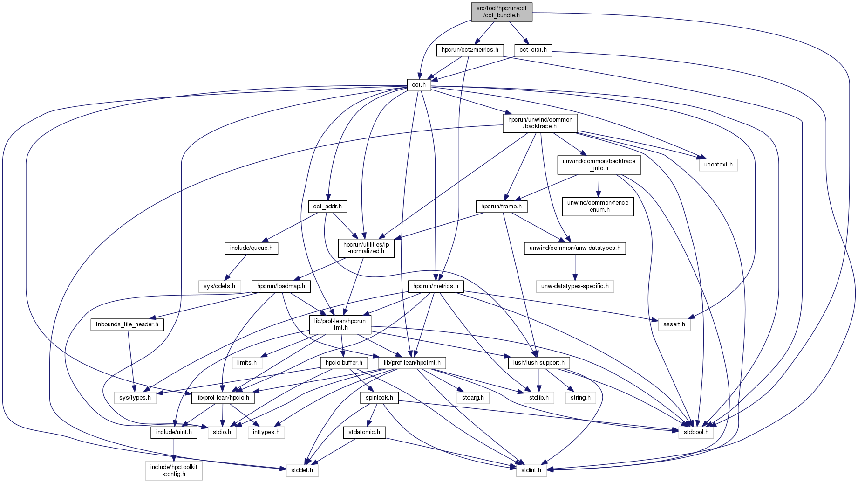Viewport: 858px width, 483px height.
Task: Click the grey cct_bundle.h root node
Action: (501, 12)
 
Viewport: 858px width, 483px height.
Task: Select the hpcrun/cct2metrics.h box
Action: (470, 50)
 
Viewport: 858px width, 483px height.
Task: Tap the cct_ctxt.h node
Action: (533, 50)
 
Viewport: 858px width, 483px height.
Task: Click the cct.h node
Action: (419, 85)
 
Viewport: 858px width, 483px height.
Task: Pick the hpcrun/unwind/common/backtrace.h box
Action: (540, 123)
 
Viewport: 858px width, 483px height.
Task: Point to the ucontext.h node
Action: (718, 165)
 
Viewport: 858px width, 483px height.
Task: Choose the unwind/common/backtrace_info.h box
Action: (599, 165)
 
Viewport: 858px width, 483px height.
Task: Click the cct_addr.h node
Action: (327, 206)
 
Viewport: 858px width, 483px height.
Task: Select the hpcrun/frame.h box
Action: (501, 206)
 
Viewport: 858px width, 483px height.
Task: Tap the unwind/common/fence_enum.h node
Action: (598, 206)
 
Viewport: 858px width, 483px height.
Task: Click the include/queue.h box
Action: (251, 248)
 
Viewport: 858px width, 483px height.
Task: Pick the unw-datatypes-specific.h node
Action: (574, 286)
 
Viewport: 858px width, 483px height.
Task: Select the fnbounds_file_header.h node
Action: (127, 324)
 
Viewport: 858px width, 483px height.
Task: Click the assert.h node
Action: (674, 324)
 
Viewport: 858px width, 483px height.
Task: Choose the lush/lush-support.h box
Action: (538, 363)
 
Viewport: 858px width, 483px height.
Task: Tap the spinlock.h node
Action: (379, 398)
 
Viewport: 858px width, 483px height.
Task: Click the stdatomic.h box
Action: (364, 432)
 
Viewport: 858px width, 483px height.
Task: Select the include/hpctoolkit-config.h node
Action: (174, 470)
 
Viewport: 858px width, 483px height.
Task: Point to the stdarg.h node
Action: (473, 398)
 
